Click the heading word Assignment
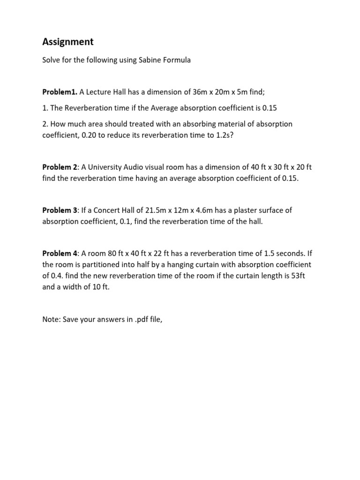click(67, 42)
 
